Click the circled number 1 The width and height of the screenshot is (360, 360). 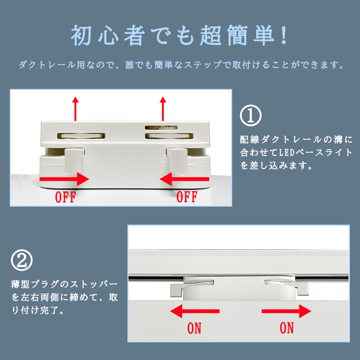tap(251, 116)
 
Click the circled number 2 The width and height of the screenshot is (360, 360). tap(22, 260)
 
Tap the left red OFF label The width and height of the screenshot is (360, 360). tap(66, 197)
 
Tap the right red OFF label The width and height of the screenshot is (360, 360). tap(187, 197)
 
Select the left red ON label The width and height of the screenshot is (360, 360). tap(194, 328)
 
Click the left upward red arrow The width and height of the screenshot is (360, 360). tap(75, 109)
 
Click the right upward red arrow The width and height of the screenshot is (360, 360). tap(163, 109)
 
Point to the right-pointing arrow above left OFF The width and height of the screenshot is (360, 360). tap(64, 179)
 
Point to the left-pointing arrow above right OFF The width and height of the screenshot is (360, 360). tap(184, 179)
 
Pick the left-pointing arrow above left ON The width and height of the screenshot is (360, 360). tap(195, 311)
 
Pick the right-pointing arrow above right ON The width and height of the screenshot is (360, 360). tap(286, 311)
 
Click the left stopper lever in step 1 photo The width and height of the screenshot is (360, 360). tap(73, 161)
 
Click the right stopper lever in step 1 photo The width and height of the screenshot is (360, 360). tap(177, 161)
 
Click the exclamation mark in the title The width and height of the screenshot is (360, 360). tap(284, 35)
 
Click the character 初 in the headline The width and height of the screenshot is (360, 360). tap(81, 35)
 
